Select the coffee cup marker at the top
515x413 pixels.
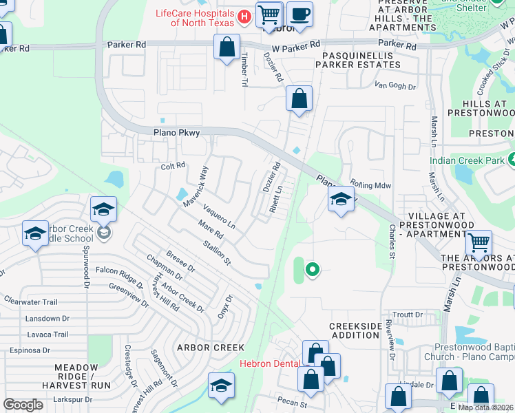coord(299,14)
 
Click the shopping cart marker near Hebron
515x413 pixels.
coord(269,14)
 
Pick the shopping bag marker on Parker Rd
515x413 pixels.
coord(227,47)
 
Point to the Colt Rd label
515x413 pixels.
coord(174,166)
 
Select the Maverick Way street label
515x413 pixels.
coord(195,187)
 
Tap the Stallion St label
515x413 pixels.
coord(217,253)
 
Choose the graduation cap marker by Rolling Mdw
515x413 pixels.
coord(340,200)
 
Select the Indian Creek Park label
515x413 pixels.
coord(467,160)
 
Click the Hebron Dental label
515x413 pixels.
coord(269,363)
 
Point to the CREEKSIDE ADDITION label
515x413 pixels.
coord(354,330)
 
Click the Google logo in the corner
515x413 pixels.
coord(23,405)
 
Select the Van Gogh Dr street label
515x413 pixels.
coord(395,86)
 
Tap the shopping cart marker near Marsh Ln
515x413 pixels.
coord(478,242)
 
